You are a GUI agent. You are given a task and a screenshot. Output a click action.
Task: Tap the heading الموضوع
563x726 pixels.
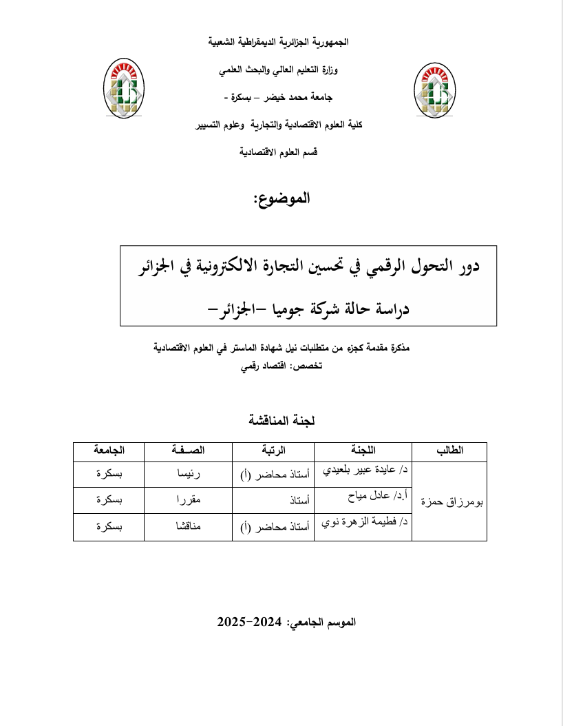(x=281, y=199)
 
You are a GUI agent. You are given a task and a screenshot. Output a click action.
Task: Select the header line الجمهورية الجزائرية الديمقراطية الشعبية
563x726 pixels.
(x=279, y=42)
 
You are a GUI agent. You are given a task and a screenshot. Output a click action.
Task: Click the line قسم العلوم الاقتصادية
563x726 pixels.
(x=278, y=152)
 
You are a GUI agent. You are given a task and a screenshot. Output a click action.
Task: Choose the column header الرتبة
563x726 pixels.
(x=273, y=451)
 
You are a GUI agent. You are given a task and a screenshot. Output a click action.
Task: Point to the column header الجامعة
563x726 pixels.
(x=109, y=451)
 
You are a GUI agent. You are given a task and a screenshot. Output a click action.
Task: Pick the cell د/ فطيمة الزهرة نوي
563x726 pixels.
(x=365, y=527)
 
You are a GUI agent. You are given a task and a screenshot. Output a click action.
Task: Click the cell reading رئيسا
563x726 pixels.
(x=189, y=474)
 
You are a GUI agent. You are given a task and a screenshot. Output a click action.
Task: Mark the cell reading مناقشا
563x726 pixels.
(x=189, y=528)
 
